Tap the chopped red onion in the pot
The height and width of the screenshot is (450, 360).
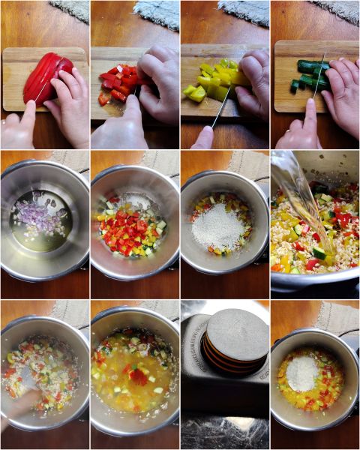[43, 217]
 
